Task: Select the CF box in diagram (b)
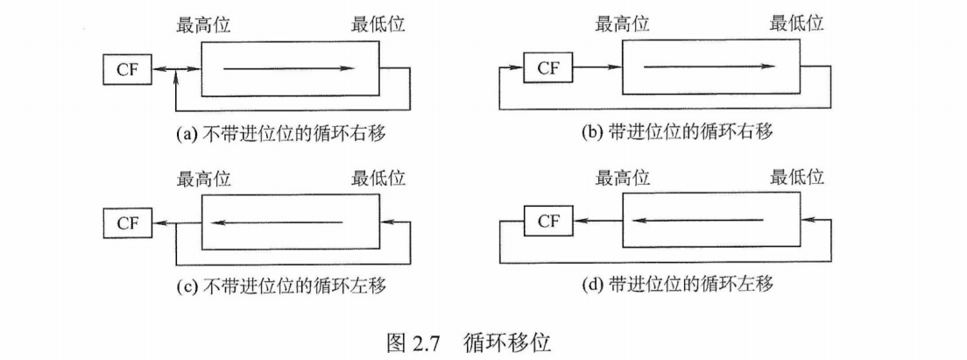(x=547, y=68)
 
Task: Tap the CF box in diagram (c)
(x=128, y=222)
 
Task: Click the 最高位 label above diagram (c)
(x=204, y=180)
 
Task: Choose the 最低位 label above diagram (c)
(x=378, y=180)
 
